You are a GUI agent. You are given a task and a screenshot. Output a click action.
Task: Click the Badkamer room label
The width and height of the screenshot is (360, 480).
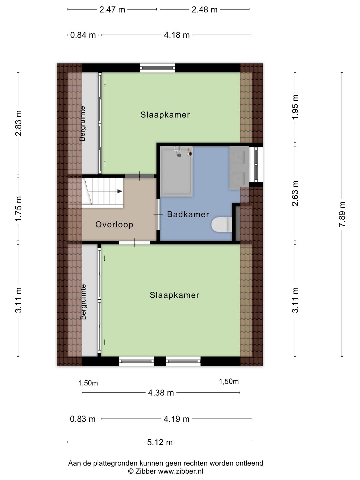188,214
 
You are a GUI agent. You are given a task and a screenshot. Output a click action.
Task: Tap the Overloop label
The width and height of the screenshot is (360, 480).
114,225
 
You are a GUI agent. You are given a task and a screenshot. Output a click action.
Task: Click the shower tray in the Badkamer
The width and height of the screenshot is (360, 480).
176,171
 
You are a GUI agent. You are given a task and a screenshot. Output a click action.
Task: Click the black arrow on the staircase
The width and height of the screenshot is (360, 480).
119,191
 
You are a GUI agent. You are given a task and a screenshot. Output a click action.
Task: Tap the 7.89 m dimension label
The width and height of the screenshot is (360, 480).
342,214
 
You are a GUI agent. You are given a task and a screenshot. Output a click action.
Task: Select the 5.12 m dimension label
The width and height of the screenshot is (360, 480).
160,442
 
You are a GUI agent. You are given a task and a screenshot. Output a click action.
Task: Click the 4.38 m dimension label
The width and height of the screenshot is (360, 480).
161,393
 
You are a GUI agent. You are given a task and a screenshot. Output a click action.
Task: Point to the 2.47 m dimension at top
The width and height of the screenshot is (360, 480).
112,10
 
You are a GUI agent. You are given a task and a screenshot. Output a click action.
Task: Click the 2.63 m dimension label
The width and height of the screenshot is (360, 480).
295,193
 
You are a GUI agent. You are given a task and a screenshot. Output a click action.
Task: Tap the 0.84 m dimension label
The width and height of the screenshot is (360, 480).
83,35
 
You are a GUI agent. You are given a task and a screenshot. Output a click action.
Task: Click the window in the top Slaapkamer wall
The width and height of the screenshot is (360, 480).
157,68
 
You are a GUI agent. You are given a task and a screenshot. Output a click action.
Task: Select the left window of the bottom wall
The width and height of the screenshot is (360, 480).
136,361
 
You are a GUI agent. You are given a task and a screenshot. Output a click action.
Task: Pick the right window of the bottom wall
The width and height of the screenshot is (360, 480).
183,361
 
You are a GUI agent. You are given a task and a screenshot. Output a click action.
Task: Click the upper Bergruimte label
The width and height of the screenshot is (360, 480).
83,123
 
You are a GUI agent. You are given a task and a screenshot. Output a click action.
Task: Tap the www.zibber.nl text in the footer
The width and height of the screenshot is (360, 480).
180,471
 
